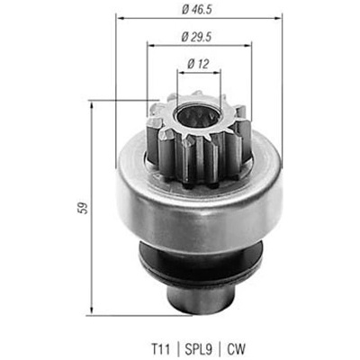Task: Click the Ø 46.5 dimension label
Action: pos(197,10)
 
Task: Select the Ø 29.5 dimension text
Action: pos(197,37)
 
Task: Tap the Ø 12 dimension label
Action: pos(198,64)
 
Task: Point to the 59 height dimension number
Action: pos(84,208)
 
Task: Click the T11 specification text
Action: pos(160,349)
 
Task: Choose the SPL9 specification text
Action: pos(199,349)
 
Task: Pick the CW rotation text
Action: pos(236,349)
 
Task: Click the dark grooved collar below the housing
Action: pos(200,263)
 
